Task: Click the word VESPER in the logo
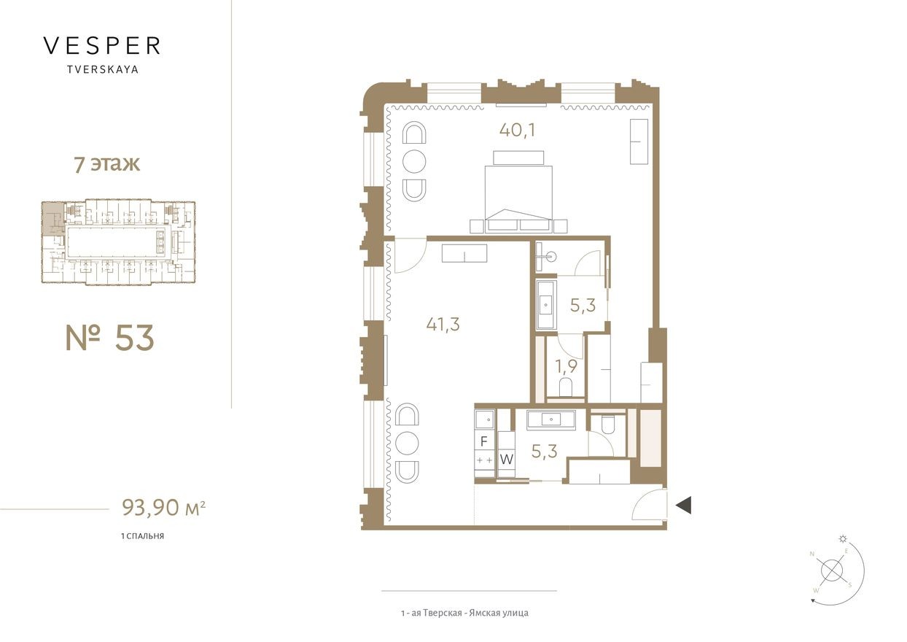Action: pos(102,46)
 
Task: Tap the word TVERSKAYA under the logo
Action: pos(102,71)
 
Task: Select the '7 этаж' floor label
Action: pos(106,163)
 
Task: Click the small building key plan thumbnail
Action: pos(118,241)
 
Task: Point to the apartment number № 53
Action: pos(110,338)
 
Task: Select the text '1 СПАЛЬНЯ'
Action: pos(142,536)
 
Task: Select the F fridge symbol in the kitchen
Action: pos(483,441)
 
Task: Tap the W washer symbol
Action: pos(507,460)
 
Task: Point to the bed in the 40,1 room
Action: pos(518,193)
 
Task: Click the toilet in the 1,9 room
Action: pos(566,387)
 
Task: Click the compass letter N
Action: pos(811,554)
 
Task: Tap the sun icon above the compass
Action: pos(844,539)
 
